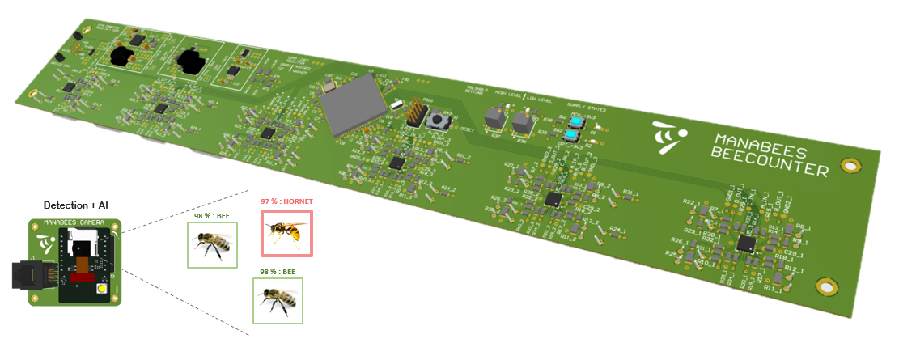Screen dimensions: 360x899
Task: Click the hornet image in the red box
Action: pos(287,233)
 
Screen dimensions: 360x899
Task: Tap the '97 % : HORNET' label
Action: pos(286,201)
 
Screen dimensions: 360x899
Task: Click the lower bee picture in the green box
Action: pos(278,301)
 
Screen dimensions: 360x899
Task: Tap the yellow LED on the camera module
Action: pos(101,289)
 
